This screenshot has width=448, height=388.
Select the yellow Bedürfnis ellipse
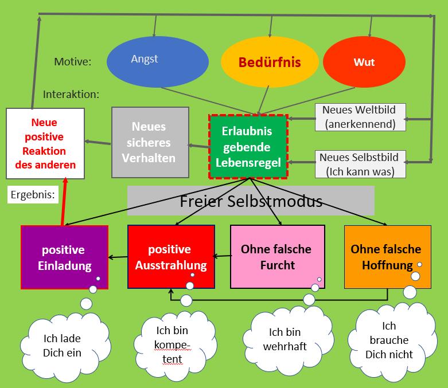coord(270,62)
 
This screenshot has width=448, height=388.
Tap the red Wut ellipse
coord(364,62)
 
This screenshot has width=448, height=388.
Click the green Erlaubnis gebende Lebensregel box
coord(247,147)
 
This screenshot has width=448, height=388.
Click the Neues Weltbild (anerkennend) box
coord(359,116)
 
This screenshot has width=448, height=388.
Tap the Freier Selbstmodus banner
coord(251,201)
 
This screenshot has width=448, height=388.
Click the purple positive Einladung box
coord(64,257)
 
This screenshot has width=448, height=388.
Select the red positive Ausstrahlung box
coord(171,257)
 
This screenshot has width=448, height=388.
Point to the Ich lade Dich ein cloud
coord(62,345)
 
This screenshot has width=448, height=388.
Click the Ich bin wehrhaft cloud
coord(285,339)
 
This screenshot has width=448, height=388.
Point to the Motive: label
coord(73,61)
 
